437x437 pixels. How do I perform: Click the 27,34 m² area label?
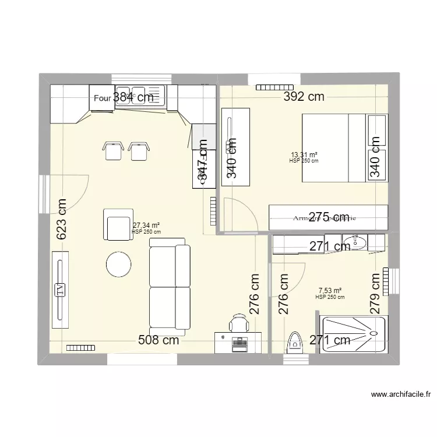click(146, 225)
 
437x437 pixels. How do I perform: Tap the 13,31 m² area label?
click(304, 155)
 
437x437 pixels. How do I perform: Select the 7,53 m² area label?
click(330, 291)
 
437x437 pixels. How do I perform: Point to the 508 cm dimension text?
click(158, 340)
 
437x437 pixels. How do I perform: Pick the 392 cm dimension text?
click(304, 97)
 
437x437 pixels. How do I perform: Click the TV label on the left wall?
click(59, 290)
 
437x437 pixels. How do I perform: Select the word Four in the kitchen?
click(103, 98)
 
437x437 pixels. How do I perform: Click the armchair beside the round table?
click(117, 225)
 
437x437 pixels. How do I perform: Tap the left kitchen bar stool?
click(112, 150)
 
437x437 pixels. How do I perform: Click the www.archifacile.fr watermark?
click(400, 394)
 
